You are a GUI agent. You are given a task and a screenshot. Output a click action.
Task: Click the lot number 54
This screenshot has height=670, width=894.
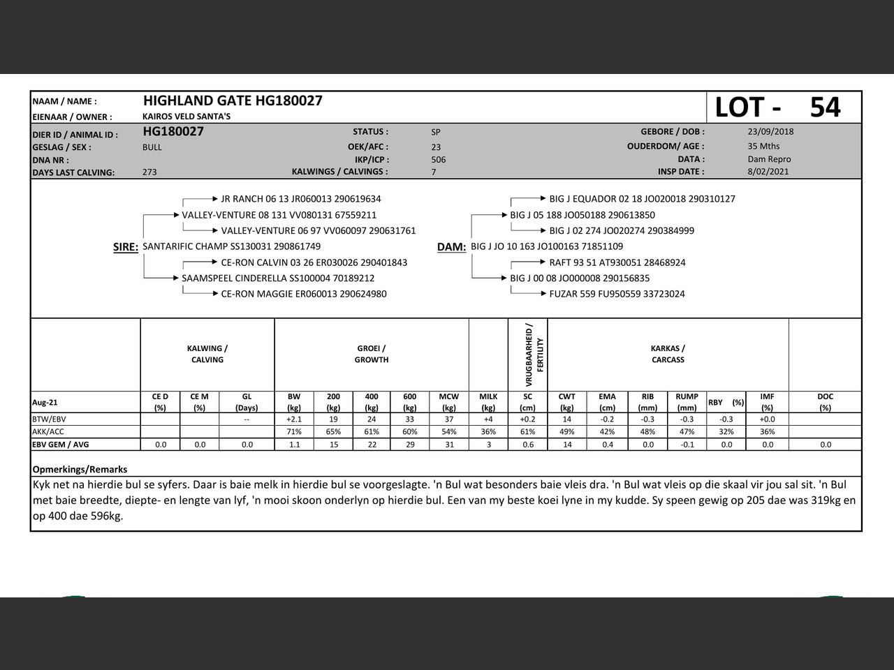pyautogui.click(x=825, y=107)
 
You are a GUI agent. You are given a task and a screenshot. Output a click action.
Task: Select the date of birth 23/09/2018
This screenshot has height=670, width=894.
pyautogui.click(x=770, y=131)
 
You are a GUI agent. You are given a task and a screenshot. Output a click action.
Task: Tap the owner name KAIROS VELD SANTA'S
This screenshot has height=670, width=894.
pyautogui.click(x=186, y=117)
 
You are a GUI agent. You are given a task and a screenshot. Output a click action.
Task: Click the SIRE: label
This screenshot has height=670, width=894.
pyautogui.click(x=126, y=247)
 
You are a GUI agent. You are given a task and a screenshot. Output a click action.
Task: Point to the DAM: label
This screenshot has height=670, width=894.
pyautogui.click(x=451, y=247)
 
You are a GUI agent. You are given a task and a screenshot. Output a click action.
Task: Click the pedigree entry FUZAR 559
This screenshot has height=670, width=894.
pyautogui.click(x=617, y=294)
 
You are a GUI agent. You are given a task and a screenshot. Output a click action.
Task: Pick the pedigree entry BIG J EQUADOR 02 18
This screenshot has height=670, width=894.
pyautogui.click(x=642, y=199)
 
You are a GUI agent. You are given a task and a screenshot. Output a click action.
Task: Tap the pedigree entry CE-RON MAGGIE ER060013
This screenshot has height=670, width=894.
pyautogui.click(x=303, y=294)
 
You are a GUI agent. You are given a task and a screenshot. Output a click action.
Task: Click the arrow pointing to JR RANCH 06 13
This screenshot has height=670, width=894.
pyautogui.click(x=214, y=199)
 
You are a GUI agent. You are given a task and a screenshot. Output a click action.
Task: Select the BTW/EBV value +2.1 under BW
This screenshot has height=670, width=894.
pyautogui.click(x=294, y=419)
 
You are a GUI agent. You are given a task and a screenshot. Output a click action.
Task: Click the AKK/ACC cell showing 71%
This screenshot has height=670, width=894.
pyautogui.click(x=294, y=432)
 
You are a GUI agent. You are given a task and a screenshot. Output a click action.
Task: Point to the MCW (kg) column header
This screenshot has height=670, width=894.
pyautogui.click(x=448, y=401)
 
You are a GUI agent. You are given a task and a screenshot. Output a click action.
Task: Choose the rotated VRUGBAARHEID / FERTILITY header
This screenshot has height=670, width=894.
pyautogui.click(x=528, y=355)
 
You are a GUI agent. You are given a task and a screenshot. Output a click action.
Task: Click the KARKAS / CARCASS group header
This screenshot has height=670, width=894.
pyautogui.click(x=668, y=354)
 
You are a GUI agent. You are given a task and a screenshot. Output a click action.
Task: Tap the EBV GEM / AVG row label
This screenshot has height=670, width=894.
pyautogui.click(x=61, y=445)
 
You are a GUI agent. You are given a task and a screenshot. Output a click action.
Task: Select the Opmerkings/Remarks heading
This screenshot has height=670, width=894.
pyautogui.click(x=80, y=470)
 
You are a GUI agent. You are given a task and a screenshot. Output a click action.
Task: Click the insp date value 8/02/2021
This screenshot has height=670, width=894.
pyautogui.click(x=768, y=172)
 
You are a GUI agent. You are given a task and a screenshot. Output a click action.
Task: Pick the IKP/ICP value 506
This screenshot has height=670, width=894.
pyautogui.click(x=438, y=159)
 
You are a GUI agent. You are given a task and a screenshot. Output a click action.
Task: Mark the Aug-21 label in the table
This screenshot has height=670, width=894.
pyautogui.click(x=45, y=402)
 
